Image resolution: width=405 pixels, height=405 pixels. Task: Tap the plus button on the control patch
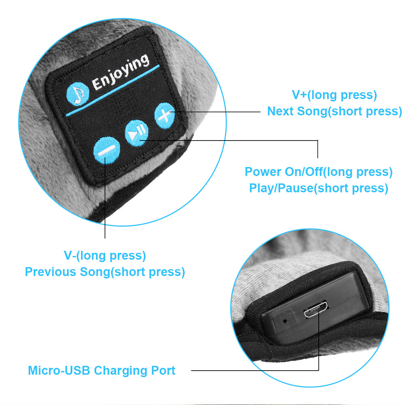(x=164, y=115)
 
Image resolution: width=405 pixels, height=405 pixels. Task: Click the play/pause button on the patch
(x=136, y=133)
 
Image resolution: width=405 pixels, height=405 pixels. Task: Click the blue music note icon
(x=77, y=94)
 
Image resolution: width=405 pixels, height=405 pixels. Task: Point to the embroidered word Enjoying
(x=121, y=72)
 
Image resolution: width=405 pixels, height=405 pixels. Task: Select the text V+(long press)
(x=334, y=95)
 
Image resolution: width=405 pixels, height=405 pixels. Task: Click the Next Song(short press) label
(x=335, y=111)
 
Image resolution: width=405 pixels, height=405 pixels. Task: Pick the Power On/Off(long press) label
(x=318, y=172)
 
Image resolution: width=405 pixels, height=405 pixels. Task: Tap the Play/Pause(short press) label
(x=318, y=188)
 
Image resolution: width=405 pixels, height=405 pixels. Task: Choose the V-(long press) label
(x=105, y=256)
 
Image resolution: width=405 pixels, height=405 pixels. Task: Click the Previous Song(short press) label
(x=105, y=272)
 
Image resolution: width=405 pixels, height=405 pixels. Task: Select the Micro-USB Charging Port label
(x=102, y=371)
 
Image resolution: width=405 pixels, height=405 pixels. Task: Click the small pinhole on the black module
(x=285, y=321)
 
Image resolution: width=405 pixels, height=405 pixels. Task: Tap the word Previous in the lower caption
(x=50, y=272)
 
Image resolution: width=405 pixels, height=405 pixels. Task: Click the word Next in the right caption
(x=280, y=111)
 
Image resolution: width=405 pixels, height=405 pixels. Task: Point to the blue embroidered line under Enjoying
(x=113, y=90)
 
